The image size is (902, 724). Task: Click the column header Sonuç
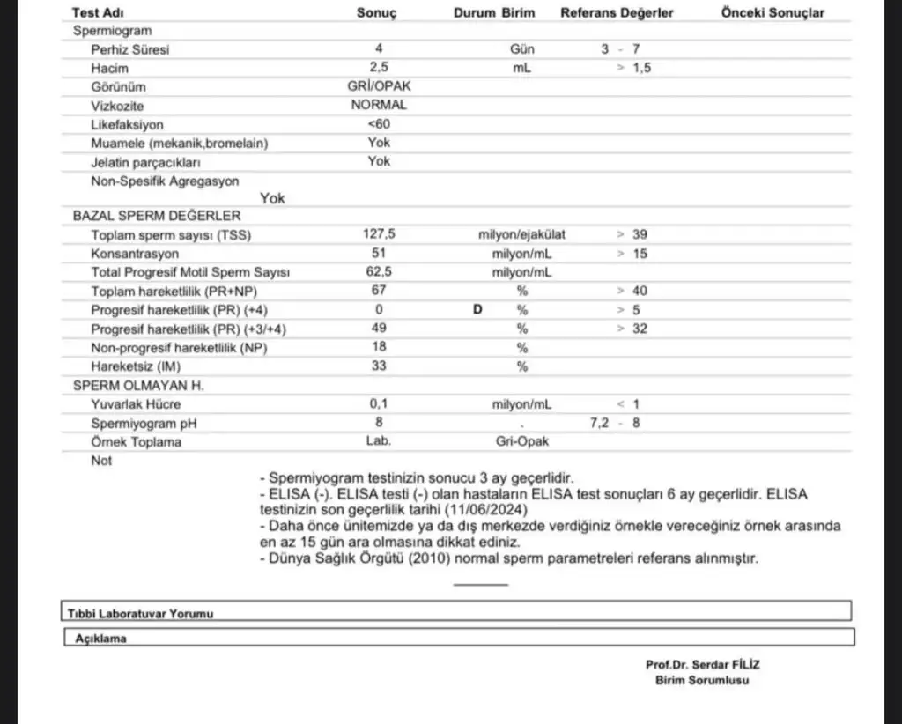tap(377, 13)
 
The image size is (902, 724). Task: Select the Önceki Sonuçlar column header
tap(773, 13)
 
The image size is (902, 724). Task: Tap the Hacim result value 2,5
tap(379, 68)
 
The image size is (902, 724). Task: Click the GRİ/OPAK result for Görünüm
tap(379, 86)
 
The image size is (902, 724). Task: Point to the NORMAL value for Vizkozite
tap(379, 105)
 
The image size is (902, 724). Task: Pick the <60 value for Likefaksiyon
tap(379, 124)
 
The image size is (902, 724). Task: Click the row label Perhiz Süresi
tap(129, 49)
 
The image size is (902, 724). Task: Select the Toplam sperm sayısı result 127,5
tap(379, 234)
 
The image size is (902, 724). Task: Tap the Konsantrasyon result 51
tap(379, 254)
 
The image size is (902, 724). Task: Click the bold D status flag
tap(477, 309)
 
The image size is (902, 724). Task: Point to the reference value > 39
tap(632, 234)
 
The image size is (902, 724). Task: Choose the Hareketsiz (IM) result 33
tap(379, 366)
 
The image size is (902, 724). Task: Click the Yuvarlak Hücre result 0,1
tap(379, 404)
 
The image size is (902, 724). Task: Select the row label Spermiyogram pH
tap(144, 423)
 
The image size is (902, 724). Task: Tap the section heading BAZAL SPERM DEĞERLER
tap(156, 215)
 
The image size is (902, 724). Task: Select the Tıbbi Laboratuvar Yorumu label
tap(141, 613)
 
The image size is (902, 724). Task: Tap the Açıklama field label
tap(101, 639)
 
